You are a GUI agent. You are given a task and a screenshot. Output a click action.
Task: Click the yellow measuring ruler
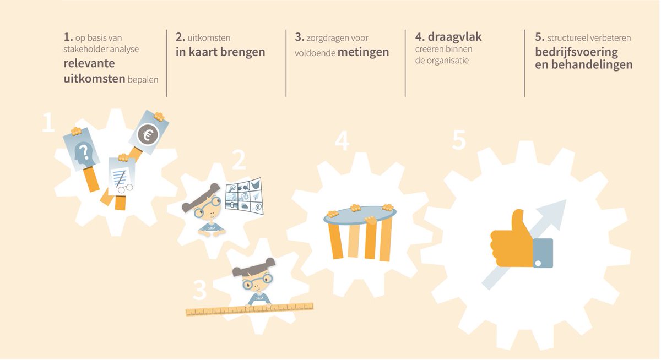[250, 309]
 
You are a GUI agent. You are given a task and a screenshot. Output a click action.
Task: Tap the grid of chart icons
[243, 195]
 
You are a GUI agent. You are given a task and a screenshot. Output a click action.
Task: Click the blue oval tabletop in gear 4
[360, 215]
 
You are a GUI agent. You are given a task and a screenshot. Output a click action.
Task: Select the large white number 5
[459, 141]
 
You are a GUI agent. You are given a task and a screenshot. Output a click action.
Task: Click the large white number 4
[342, 142]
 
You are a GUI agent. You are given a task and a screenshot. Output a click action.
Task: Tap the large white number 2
[239, 160]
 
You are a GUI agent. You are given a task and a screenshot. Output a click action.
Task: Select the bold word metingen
[363, 52]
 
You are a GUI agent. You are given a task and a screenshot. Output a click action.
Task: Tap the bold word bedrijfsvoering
[576, 52]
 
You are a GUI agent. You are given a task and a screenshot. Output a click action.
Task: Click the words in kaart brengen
[220, 52]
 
